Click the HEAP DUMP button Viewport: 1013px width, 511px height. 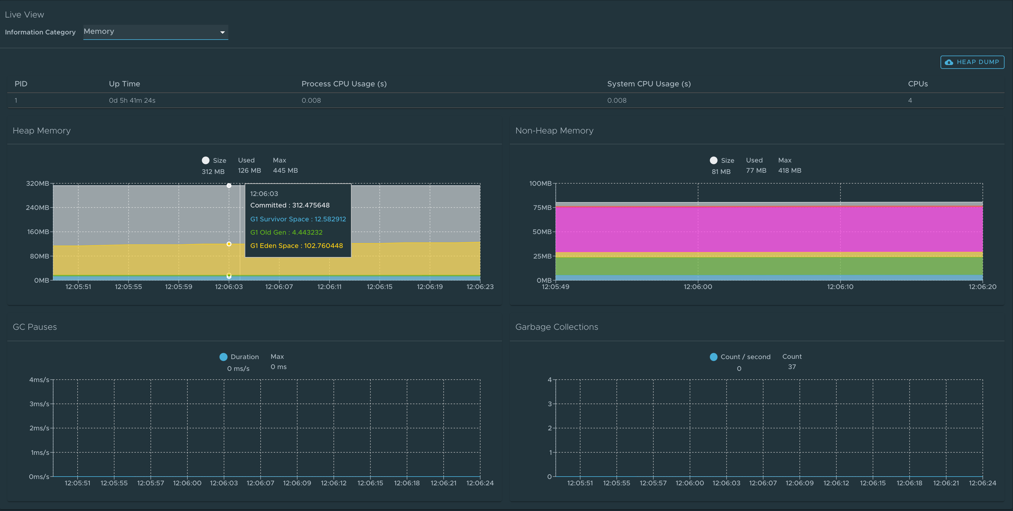pyautogui.click(x=972, y=62)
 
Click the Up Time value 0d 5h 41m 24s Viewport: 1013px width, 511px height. pyautogui.click(x=132, y=100)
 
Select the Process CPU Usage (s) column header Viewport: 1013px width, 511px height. pyautogui.click(x=344, y=84)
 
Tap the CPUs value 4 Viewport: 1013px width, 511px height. pyautogui.click(x=910, y=100)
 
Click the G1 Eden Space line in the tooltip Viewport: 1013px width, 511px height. pyautogui.click(x=297, y=246)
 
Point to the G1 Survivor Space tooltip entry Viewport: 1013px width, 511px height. pyautogui.click(x=298, y=219)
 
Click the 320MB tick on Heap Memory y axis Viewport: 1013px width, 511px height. pyautogui.click(x=38, y=184)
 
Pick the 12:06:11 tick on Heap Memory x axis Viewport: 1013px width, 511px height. pyautogui.click(x=330, y=287)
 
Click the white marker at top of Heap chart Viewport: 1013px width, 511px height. pyautogui.click(x=229, y=185)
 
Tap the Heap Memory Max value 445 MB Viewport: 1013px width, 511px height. pyautogui.click(x=285, y=171)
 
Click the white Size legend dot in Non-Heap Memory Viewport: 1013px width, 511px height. pyautogui.click(x=713, y=160)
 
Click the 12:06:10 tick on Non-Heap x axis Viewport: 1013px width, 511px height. pyautogui.click(x=840, y=287)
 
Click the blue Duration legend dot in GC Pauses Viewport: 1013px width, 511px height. pyautogui.click(x=224, y=357)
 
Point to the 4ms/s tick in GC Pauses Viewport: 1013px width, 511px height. pyautogui.click(x=39, y=380)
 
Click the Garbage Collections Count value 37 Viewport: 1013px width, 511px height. pyautogui.click(x=792, y=367)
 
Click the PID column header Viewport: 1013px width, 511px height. pyautogui.click(x=21, y=84)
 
